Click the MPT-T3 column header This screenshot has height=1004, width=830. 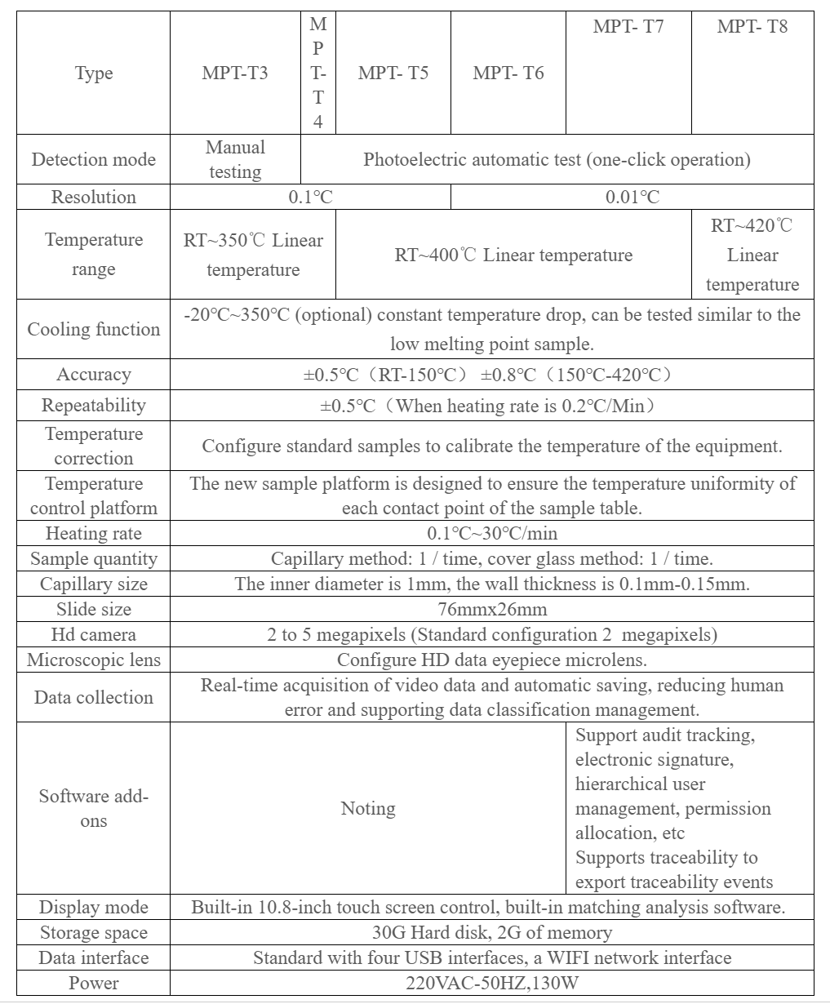(x=235, y=73)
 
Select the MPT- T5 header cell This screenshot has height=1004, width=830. (x=393, y=73)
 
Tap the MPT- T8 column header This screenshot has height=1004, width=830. (x=752, y=26)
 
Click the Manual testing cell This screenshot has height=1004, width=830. (x=235, y=159)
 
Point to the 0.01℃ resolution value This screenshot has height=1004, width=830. (x=632, y=197)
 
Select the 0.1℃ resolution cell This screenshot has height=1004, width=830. (x=311, y=197)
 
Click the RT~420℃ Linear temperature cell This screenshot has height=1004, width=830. (x=752, y=255)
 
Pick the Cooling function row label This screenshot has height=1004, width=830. (x=94, y=329)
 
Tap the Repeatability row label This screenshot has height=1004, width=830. (x=94, y=406)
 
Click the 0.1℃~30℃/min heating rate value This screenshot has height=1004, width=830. (x=492, y=534)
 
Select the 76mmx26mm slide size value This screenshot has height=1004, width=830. (x=492, y=610)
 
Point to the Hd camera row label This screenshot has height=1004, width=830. (x=94, y=635)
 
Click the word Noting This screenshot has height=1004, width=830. (x=368, y=808)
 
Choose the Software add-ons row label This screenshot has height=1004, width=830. (x=94, y=808)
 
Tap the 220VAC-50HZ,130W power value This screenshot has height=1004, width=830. (x=492, y=983)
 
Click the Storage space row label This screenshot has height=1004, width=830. (x=94, y=933)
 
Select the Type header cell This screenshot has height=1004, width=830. (x=94, y=73)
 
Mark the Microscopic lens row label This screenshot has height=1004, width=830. (x=94, y=660)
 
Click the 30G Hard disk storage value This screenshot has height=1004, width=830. (x=492, y=933)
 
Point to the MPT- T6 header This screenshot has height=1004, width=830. (x=508, y=73)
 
